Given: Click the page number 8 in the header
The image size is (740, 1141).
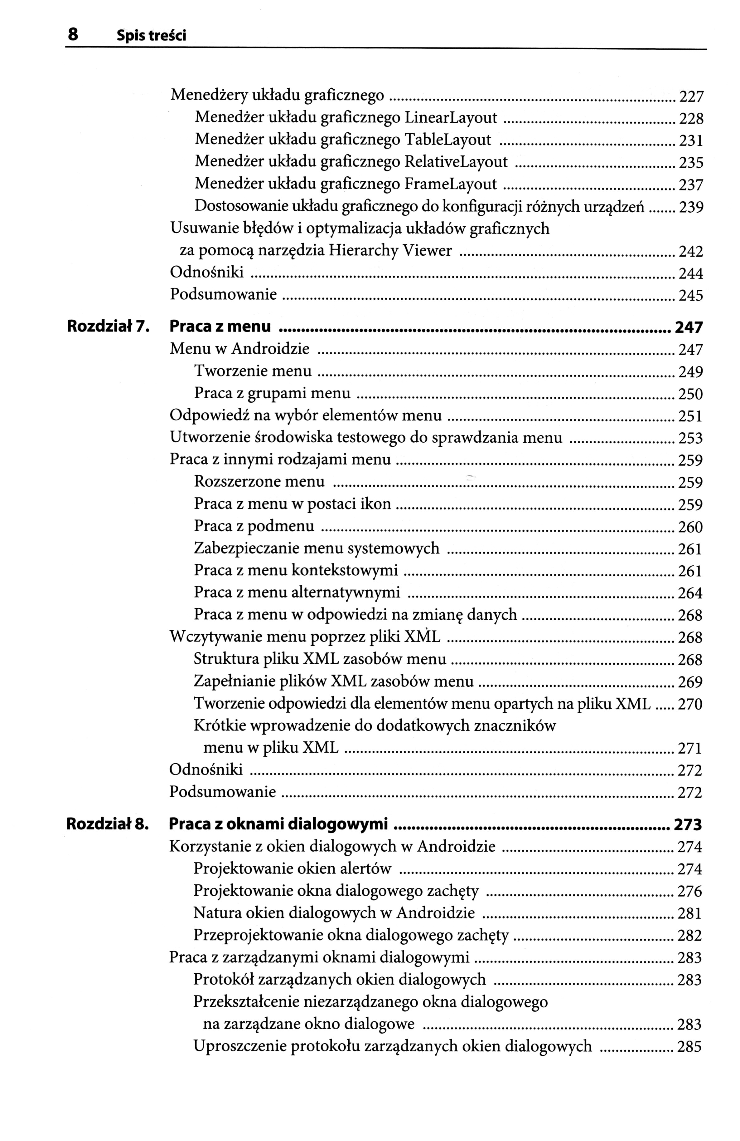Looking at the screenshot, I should click(x=72, y=35).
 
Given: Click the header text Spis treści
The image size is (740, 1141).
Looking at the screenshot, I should click(x=151, y=36).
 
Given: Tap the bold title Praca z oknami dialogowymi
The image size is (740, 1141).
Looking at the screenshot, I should click(x=278, y=824).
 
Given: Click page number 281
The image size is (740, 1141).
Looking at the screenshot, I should click(x=689, y=913).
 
